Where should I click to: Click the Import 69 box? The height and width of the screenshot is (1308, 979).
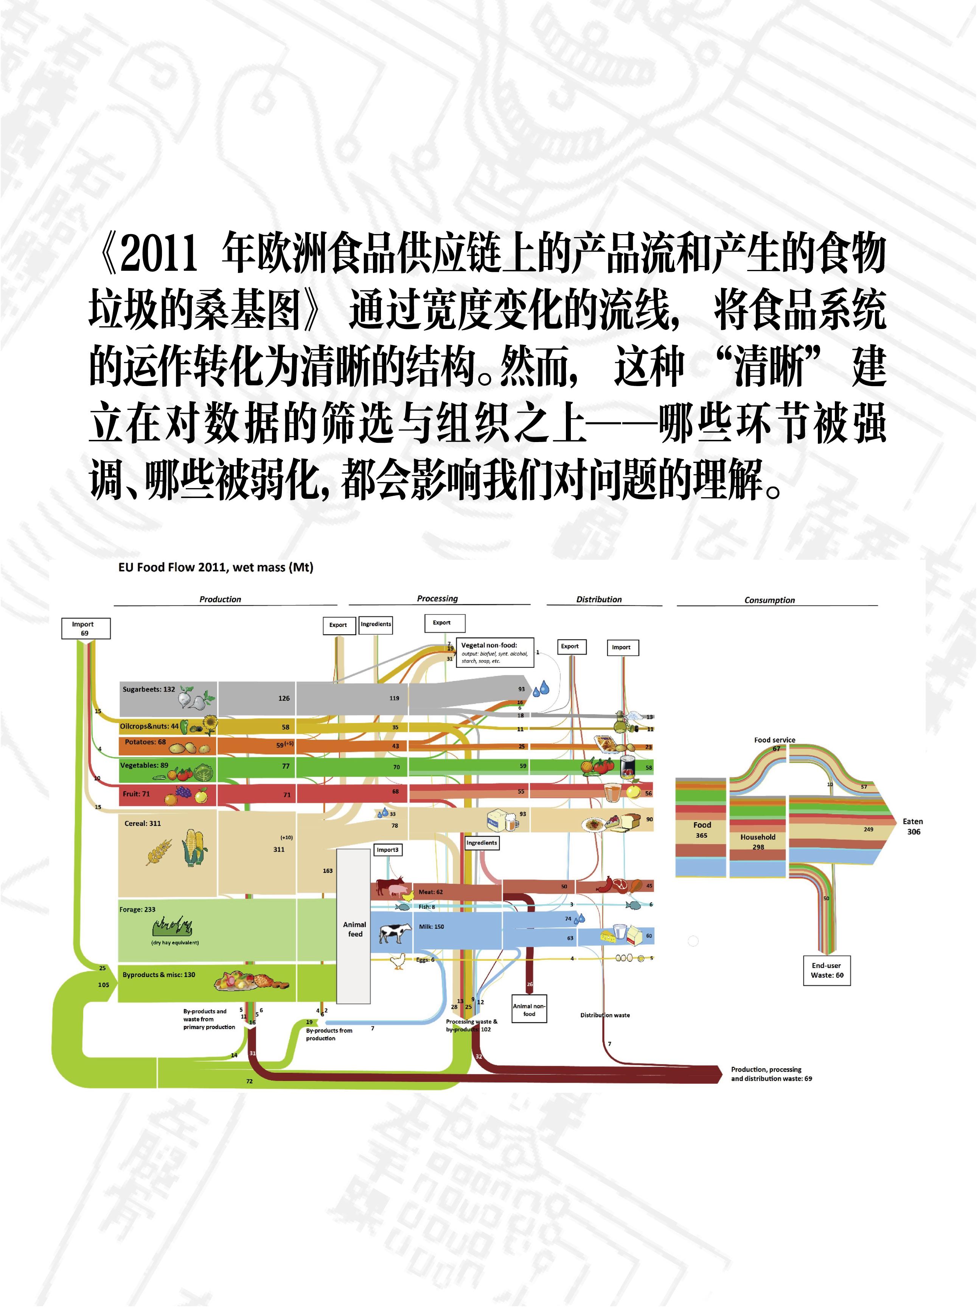[x=86, y=628]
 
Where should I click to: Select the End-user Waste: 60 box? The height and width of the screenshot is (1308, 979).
[x=827, y=970]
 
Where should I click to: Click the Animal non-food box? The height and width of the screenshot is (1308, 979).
[x=529, y=1009]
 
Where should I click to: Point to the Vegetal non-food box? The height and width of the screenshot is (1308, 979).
[x=494, y=652]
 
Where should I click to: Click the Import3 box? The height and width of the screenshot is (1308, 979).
[x=387, y=850]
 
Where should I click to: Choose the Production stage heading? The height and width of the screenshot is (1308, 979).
[x=220, y=599]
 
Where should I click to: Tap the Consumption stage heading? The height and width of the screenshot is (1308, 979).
[x=769, y=600]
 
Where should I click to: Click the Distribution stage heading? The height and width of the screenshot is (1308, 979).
[x=599, y=599]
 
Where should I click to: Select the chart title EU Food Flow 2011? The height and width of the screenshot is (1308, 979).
[x=215, y=567]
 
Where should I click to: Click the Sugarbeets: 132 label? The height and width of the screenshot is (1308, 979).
[x=149, y=689]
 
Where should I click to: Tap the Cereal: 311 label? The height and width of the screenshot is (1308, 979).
[x=143, y=823]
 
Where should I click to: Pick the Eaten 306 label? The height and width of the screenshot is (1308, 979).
[x=913, y=826]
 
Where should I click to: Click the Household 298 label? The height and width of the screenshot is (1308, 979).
[x=757, y=841]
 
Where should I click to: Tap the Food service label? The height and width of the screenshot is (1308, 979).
[x=774, y=740]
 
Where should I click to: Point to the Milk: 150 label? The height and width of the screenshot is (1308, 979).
[x=431, y=926]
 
